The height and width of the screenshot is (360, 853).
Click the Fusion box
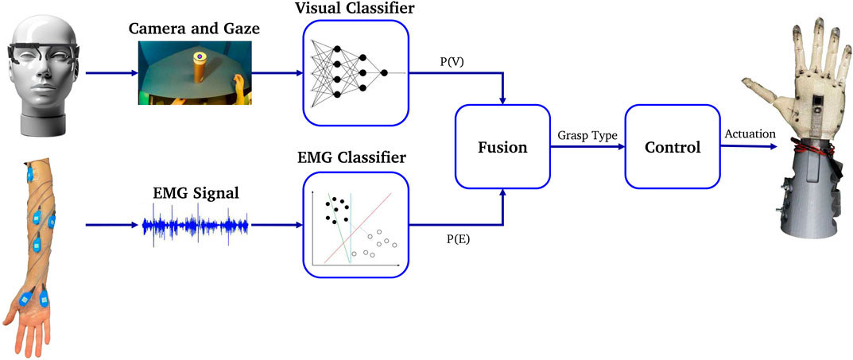click(503, 148)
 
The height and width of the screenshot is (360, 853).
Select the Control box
click(673, 148)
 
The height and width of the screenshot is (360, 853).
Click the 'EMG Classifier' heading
click(355, 158)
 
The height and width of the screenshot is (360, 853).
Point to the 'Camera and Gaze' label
click(196, 30)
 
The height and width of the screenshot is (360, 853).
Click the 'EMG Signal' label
click(196, 192)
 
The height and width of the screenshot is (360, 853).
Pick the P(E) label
click(456, 237)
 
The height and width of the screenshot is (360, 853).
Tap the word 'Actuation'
click(749, 134)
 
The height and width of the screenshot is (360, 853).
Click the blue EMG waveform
click(196, 225)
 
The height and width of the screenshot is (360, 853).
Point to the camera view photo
click(196, 75)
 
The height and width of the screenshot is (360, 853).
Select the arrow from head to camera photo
click(109, 73)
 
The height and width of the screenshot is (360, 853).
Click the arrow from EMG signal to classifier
click(275, 225)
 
